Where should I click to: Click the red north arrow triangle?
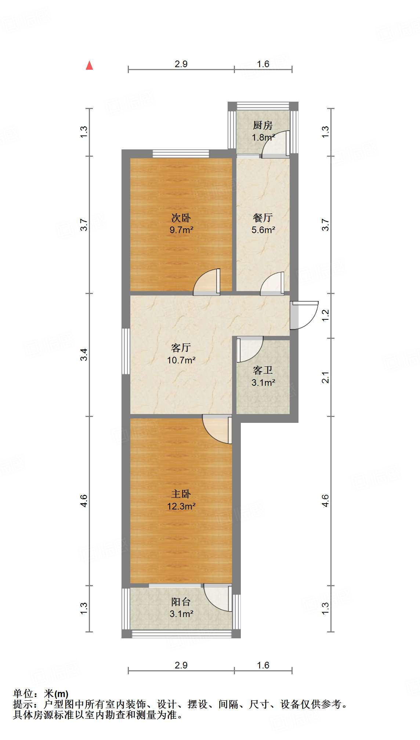click(89, 65)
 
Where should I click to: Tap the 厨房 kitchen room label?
click(262, 126)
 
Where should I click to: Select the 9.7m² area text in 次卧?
click(181, 230)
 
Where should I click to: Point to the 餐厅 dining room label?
click(263, 218)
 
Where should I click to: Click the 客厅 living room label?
click(181, 347)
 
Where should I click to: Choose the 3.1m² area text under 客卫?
click(263, 383)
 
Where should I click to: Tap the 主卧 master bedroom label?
click(181, 494)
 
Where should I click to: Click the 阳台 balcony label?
click(181, 602)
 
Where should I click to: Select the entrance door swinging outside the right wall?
click(304, 315)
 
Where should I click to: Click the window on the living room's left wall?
click(126, 351)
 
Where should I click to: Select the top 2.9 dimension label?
click(181, 64)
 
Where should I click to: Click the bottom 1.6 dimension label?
click(263, 665)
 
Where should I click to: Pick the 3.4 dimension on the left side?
click(84, 355)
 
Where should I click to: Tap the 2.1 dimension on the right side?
click(326, 377)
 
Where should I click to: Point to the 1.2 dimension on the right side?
click(326, 315)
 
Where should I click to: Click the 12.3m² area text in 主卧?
click(181, 507)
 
